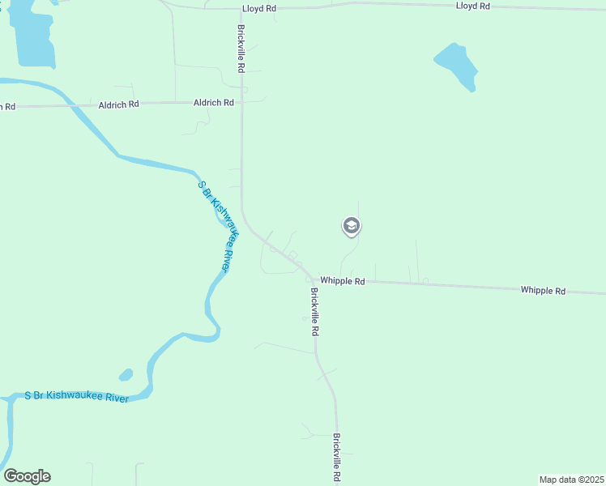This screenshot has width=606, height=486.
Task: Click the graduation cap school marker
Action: pyautogui.click(x=352, y=226)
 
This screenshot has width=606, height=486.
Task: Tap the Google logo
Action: pyautogui.click(x=27, y=476)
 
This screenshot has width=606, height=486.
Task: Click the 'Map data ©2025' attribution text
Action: pyautogui.click(x=572, y=480)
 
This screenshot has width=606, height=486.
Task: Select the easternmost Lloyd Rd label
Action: pyautogui.click(x=473, y=6)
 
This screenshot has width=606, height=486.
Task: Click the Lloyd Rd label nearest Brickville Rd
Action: pyautogui.click(x=259, y=8)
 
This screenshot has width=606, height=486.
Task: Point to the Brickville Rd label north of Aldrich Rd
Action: pyautogui.click(x=241, y=49)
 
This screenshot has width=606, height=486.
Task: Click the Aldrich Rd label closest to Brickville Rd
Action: pyautogui.click(x=214, y=103)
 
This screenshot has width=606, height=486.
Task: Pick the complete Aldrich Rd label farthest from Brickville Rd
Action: pyautogui.click(x=119, y=104)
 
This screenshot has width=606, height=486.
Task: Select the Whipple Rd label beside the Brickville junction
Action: pyautogui.click(x=343, y=281)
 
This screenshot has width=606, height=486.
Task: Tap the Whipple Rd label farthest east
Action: pyautogui.click(x=543, y=290)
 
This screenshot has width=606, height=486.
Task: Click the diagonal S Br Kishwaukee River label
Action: pyautogui.click(x=217, y=227)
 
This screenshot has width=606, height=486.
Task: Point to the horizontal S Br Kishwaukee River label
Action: pyautogui.click(x=76, y=395)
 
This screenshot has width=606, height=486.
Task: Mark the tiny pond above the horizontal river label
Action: pyautogui.click(x=126, y=375)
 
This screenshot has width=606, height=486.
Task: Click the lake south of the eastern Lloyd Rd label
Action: pyautogui.click(x=456, y=65)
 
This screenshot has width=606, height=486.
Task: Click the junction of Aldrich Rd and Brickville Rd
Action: pyautogui.click(x=241, y=102)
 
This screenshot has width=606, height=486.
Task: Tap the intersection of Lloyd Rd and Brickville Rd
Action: pyautogui.click(x=241, y=8)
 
